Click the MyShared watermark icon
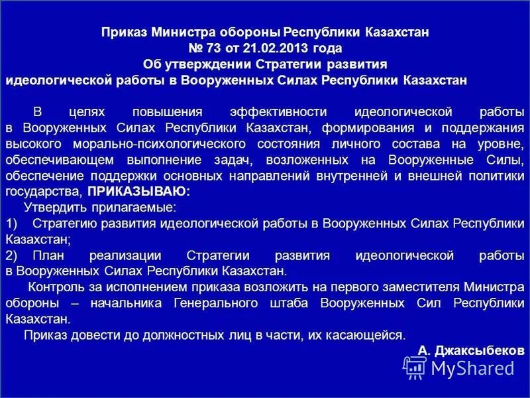(x=414, y=366)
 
